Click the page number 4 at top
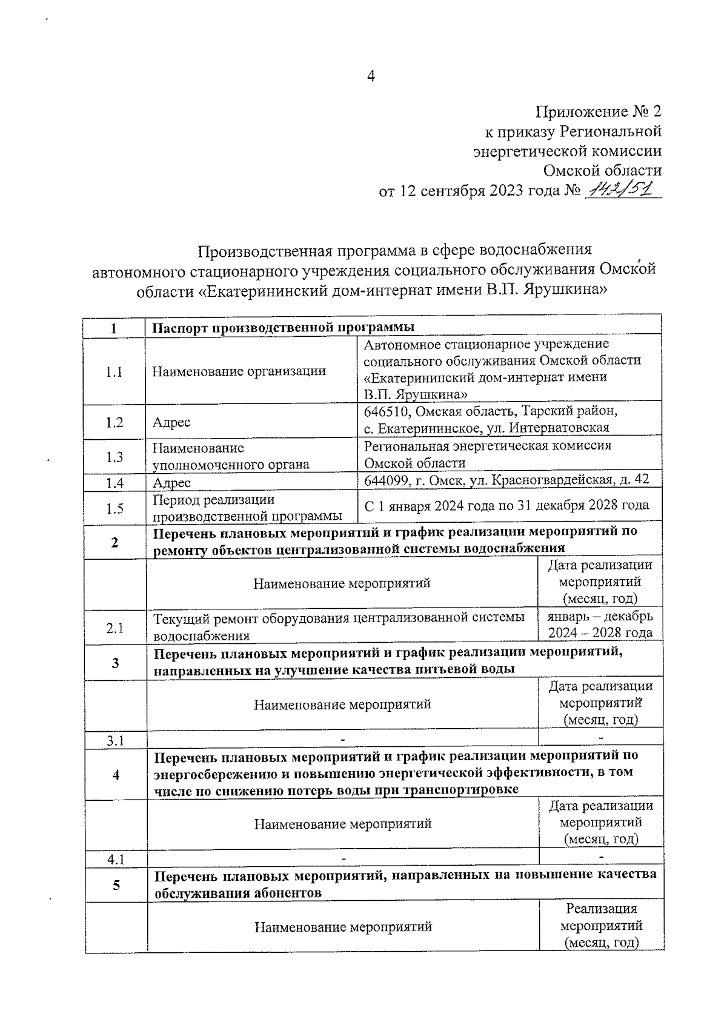pyautogui.click(x=371, y=76)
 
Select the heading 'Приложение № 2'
pyautogui.click(x=598, y=111)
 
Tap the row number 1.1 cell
pyautogui.click(x=114, y=372)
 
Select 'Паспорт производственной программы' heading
pyautogui.click(x=283, y=327)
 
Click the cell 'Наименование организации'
pyautogui.click(x=239, y=371)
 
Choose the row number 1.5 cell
pyautogui.click(x=114, y=508)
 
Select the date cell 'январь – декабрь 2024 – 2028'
pyautogui.click(x=600, y=625)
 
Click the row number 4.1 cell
pyautogui.click(x=115, y=860)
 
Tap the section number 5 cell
pyautogui.click(x=116, y=885)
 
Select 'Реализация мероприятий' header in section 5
pyautogui.click(x=601, y=926)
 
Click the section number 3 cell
pyautogui.click(x=115, y=663)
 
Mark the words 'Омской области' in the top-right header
pyautogui.click(x=602, y=170)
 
